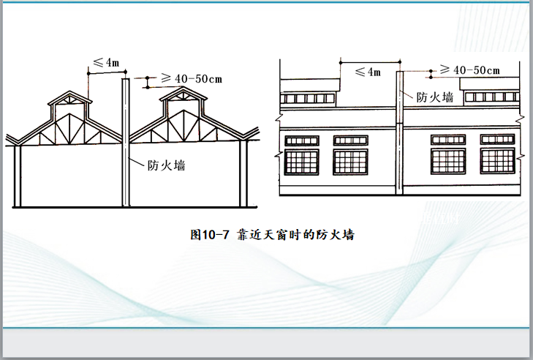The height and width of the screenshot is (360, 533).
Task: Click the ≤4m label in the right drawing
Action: click(x=367, y=72)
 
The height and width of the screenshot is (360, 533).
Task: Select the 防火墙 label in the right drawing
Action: click(x=434, y=96)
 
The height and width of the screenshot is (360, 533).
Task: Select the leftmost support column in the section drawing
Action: click(x=19, y=176)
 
